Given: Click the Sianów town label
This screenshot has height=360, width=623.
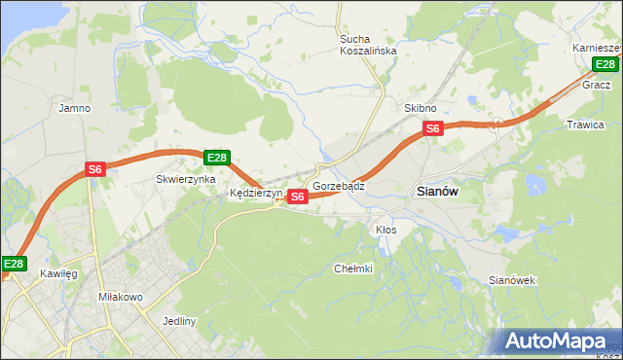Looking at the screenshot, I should point(437,193).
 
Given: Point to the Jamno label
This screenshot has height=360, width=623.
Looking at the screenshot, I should point(75,108).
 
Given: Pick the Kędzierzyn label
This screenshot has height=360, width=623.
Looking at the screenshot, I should point(255,194).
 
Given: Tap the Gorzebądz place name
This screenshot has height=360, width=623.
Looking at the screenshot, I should point(339,185).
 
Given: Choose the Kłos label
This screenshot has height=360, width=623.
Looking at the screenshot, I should point(386,230).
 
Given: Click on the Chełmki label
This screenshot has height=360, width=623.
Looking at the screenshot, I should point(353,269).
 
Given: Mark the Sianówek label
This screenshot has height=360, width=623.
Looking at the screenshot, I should point(512,280).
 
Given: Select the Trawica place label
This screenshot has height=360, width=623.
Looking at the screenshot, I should point(585,125).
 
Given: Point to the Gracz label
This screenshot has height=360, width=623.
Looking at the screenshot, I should point(596,85).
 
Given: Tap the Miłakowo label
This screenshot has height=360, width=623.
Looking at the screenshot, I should point(121,296).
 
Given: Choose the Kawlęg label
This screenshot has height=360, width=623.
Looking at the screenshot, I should point(58,274).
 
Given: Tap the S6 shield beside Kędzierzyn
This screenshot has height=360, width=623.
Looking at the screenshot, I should point(298,197).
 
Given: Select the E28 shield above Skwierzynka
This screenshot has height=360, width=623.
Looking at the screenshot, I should point(216,158).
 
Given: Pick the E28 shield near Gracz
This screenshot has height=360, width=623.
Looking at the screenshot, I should point(605,65).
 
